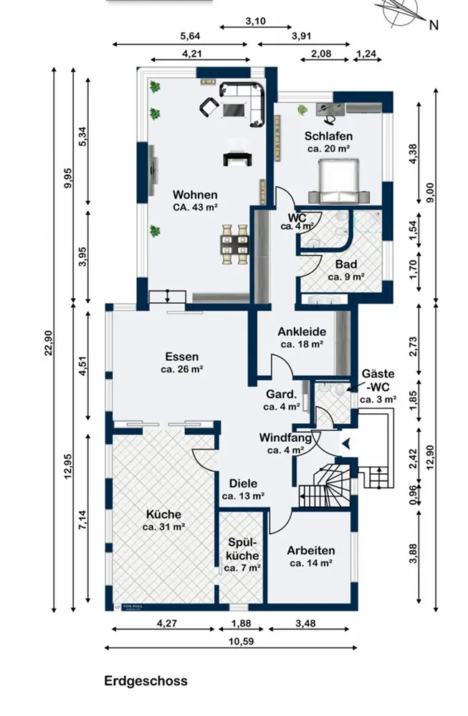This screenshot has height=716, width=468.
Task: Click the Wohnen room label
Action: [x=195, y=194]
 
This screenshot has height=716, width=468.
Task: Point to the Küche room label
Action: [x=163, y=513]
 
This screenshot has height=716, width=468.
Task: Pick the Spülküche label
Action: [x=242, y=549]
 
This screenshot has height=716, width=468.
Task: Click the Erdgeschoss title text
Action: [x=146, y=681]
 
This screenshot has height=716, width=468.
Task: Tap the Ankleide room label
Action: [x=302, y=332]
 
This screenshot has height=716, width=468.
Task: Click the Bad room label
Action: [x=346, y=263]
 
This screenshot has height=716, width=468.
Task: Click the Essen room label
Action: [x=181, y=357]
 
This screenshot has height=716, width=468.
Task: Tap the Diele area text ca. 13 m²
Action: [x=244, y=495]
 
